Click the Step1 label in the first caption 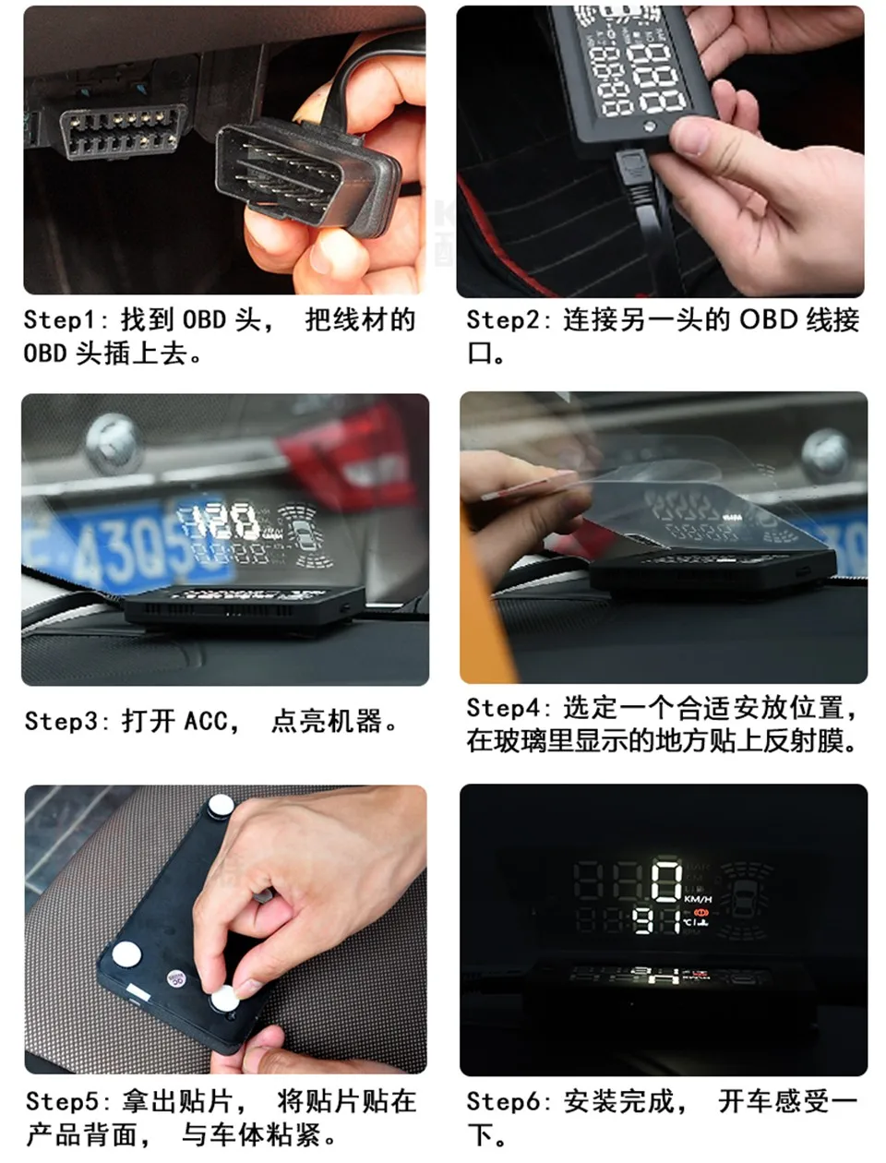pos(59,320)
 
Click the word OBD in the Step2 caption pos(768,320)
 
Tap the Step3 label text pos(60,721)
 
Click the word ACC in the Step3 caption pos(205,721)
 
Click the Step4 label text pos(502,708)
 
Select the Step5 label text pos(61,1101)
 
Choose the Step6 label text pos(502,1101)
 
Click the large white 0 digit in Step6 pos(665,881)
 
